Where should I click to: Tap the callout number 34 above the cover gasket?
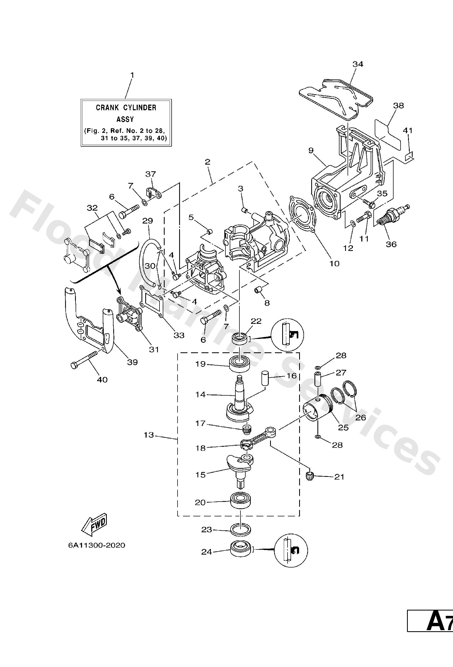click(x=358, y=64)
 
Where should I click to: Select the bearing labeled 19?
click(x=240, y=364)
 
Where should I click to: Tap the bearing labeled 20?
click(x=241, y=501)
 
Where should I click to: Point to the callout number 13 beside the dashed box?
click(x=149, y=435)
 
